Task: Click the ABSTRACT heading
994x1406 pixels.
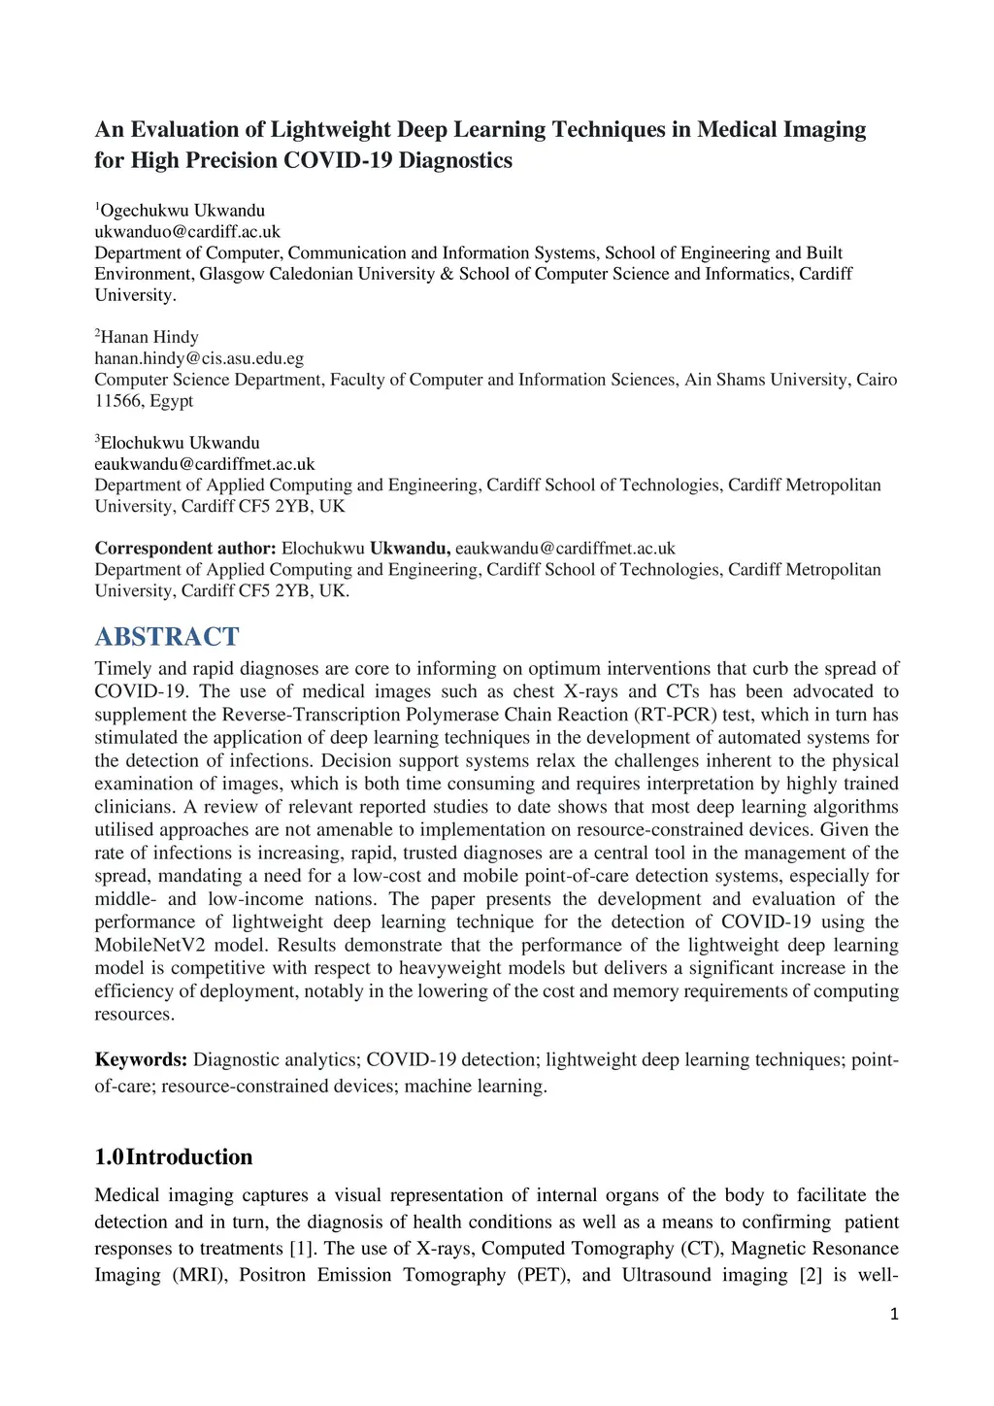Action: point(166,637)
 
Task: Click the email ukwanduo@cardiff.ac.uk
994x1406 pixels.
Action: point(187,231)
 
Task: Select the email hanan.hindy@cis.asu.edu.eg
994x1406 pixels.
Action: point(199,358)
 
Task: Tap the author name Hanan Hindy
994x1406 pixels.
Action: point(149,337)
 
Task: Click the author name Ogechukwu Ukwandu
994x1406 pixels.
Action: point(182,210)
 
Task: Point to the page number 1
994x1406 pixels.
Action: point(894,1315)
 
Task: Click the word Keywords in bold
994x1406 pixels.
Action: point(141,1059)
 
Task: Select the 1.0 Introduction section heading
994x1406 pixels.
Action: point(174,1156)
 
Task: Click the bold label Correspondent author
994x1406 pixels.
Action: point(185,549)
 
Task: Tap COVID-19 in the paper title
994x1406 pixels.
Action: point(338,160)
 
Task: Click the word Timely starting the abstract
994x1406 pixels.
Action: point(123,668)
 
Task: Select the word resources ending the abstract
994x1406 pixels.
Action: point(134,1014)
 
